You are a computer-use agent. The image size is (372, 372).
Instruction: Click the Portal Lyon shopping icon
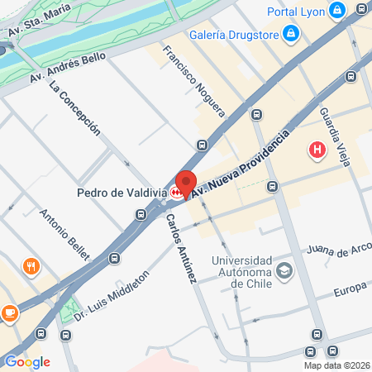tap(336, 11)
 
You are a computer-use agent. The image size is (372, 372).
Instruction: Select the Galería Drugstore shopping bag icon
tap(290, 33)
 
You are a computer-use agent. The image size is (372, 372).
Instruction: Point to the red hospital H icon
tap(316, 150)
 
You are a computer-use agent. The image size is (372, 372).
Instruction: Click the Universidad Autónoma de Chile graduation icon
tap(284, 270)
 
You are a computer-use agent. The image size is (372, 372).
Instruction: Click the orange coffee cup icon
tap(10, 312)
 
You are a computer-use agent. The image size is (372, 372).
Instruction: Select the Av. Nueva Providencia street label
tap(241, 164)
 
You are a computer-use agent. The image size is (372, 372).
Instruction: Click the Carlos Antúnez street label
tap(180, 249)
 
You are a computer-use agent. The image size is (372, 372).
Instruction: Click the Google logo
tap(27, 361)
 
